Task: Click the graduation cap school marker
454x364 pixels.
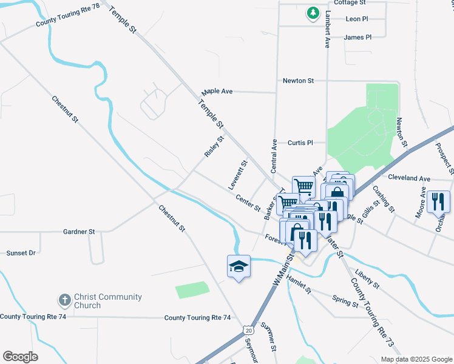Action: tap(239, 266)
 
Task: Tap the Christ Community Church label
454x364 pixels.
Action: tap(107, 301)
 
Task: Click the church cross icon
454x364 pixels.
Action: tap(64, 300)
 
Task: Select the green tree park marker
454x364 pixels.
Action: tap(313, 13)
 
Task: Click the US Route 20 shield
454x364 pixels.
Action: tap(247, 330)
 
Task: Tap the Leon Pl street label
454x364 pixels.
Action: tap(356, 19)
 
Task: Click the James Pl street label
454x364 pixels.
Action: tap(357, 37)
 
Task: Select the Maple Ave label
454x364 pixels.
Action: tap(218, 91)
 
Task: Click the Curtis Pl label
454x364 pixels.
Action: tap(300, 143)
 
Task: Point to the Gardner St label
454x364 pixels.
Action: tap(80, 232)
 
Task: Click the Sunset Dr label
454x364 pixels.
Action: tap(21, 252)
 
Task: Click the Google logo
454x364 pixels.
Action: tap(20, 357)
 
